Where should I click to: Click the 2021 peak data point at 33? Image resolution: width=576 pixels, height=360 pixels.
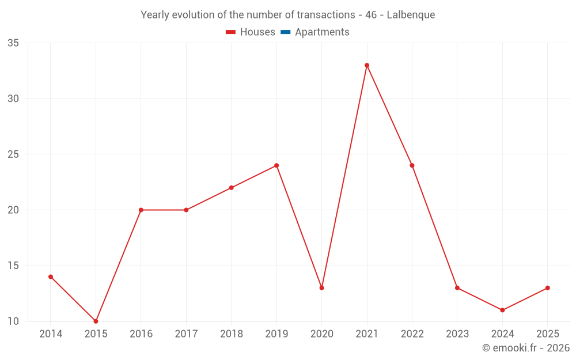(367, 65)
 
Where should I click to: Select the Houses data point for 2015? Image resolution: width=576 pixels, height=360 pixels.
(96, 321)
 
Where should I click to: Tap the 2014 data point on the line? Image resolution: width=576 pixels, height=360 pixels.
(51, 276)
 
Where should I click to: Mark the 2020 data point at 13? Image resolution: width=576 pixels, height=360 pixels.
(321, 288)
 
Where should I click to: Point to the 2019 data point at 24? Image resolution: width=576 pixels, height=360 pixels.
(276, 165)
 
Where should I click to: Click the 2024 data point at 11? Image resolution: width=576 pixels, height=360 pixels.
(502, 310)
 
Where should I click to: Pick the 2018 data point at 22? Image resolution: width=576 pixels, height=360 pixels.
(232, 188)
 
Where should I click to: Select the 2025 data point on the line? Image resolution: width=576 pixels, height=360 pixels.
(547, 288)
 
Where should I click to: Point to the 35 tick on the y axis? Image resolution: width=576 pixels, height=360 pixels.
(13, 43)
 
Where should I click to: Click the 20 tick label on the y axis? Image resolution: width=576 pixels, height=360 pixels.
(13, 210)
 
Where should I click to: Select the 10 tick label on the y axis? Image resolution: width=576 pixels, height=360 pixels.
(13, 321)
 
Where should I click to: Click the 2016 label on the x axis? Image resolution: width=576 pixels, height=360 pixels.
(141, 334)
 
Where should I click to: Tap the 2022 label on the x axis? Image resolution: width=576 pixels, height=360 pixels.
(412, 334)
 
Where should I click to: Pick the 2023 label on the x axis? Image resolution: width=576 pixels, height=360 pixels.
(457, 334)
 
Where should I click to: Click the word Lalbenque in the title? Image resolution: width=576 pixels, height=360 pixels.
(411, 15)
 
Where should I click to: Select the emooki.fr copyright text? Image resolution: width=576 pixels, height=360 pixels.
(526, 348)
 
